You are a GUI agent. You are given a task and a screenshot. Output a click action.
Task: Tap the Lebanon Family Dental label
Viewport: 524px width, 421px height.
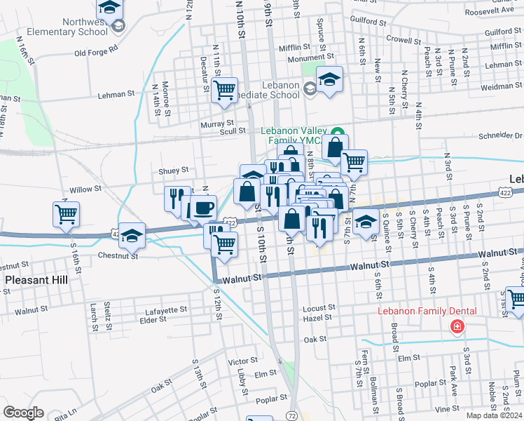pyautogui.click(x=427, y=311)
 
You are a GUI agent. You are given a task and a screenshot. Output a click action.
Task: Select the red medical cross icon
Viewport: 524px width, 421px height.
pyautogui.click(x=457, y=326)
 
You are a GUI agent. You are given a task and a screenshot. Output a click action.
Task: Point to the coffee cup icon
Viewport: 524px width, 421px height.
pyautogui.click(x=203, y=208)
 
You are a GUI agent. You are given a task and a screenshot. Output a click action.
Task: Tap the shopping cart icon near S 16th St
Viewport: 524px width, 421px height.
pyautogui.click(x=66, y=213)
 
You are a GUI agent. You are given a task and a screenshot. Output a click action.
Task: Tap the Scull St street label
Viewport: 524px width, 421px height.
pyautogui.click(x=232, y=131)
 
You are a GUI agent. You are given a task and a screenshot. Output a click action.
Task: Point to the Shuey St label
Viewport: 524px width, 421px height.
pyautogui.click(x=174, y=170)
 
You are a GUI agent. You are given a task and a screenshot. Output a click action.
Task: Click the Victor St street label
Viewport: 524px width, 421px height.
pyautogui.click(x=243, y=362)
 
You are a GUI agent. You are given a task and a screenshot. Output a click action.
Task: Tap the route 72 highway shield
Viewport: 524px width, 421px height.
pyautogui.click(x=291, y=416)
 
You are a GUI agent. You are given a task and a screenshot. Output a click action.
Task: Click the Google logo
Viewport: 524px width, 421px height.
pyautogui.click(x=24, y=413)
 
